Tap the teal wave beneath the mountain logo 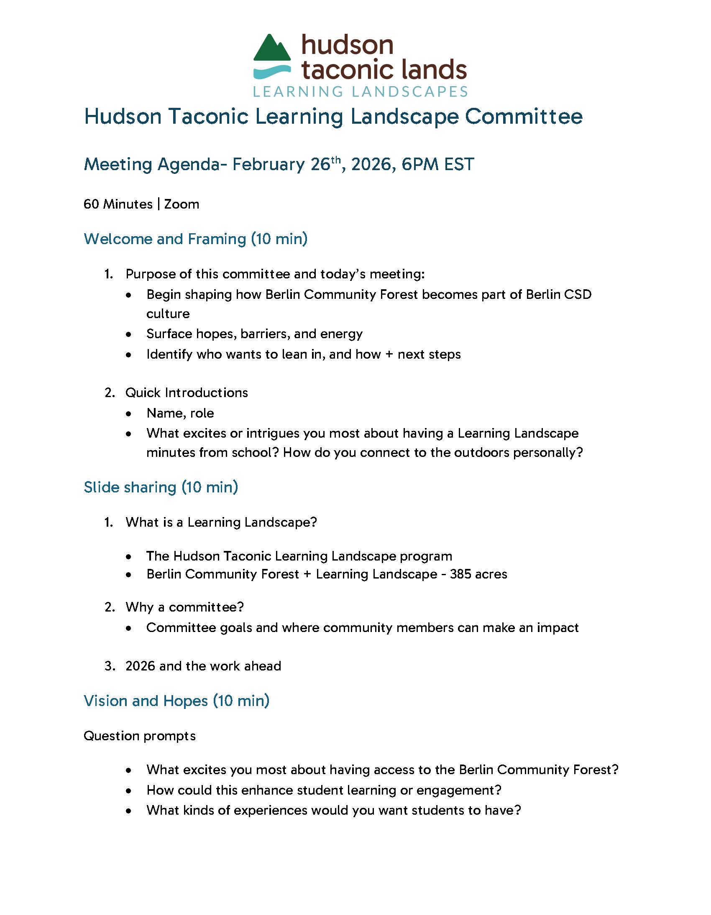pyautogui.click(x=272, y=72)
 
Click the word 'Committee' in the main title pyautogui.click(x=524, y=117)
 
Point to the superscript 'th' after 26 pyautogui.click(x=336, y=160)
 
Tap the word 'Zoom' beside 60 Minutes pyautogui.click(x=182, y=204)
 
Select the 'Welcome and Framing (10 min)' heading pyautogui.click(x=195, y=239)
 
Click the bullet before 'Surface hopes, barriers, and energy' pyautogui.click(x=129, y=334)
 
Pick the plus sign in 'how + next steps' pyautogui.click(x=389, y=354)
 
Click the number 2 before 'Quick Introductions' pyautogui.click(x=110, y=393)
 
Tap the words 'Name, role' pyautogui.click(x=180, y=413)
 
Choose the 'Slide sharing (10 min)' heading pyautogui.click(x=161, y=487)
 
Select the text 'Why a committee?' pyautogui.click(x=184, y=607)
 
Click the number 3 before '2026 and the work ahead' pyautogui.click(x=110, y=666)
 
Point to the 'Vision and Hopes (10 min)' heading pyautogui.click(x=176, y=701)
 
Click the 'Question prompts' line pyautogui.click(x=140, y=736)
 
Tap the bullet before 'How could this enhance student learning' pyautogui.click(x=129, y=790)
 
